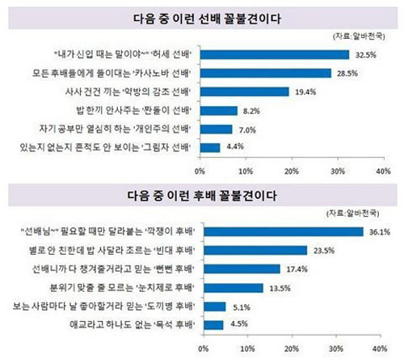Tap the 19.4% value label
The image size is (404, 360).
(x=303, y=91)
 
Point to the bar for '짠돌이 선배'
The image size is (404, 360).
(x=218, y=110)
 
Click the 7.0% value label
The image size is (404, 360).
(x=246, y=129)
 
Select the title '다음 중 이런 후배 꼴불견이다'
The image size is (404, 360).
(x=201, y=195)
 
